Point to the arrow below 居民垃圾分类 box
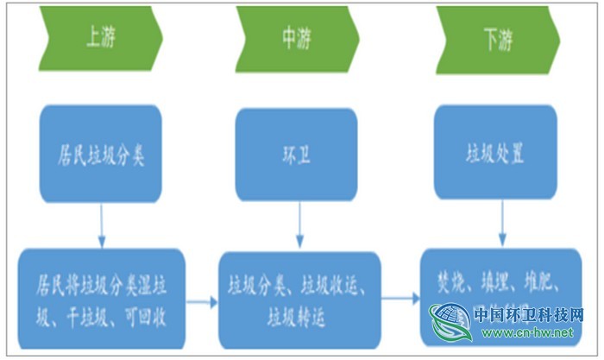click(x=102, y=226)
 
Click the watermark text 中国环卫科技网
click(x=529, y=315)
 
